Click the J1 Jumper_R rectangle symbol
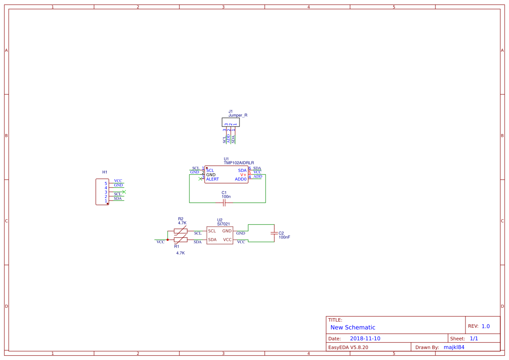coord(230,122)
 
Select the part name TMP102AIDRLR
coord(239,163)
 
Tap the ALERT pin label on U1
coord(212,179)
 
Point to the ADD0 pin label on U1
coord(240,179)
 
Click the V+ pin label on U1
coord(243,175)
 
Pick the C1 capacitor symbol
coord(224,202)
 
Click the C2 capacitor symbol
coord(274,233)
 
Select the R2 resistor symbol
coord(181,231)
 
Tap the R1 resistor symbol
coord(181,240)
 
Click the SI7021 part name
coord(223,224)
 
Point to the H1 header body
coord(102,192)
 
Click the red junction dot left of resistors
coord(168,239)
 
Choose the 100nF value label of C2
coord(284,237)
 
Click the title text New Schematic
coord(353,327)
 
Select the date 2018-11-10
coord(365,339)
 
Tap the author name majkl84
coord(454,347)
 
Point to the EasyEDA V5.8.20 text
coord(348,347)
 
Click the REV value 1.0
coord(485,326)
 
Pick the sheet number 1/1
coord(474,339)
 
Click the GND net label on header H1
coord(118,185)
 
